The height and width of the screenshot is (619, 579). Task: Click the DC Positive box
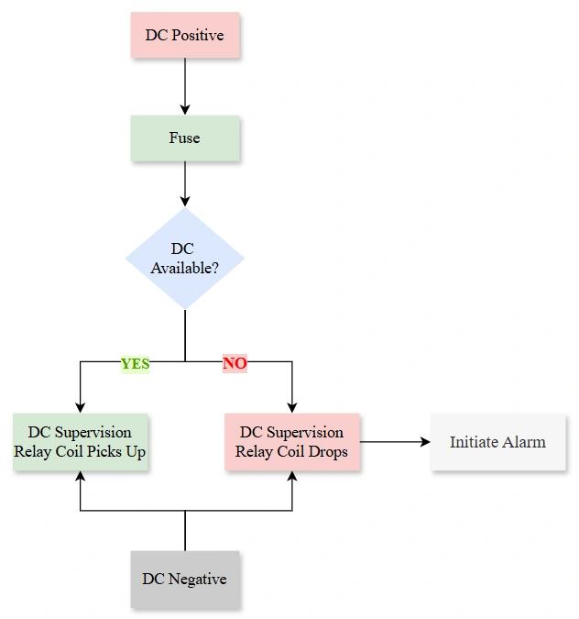pyautogui.click(x=184, y=35)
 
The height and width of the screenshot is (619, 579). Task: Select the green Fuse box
pyautogui.click(x=184, y=138)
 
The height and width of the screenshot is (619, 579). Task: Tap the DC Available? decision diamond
pyautogui.click(x=184, y=258)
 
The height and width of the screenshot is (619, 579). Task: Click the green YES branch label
pyautogui.click(x=135, y=363)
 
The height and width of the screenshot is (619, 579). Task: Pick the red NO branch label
pyautogui.click(x=235, y=363)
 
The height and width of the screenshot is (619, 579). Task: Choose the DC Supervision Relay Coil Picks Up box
pyautogui.click(x=80, y=442)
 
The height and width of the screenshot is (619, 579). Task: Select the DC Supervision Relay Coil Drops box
pyautogui.click(x=291, y=442)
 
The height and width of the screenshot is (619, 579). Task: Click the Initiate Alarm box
pyautogui.click(x=497, y=442)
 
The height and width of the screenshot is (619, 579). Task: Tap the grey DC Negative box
pyautogui.click(x=184, y=579)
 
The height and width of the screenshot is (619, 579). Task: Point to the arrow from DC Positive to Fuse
pyautogui.click(x=184, y=87)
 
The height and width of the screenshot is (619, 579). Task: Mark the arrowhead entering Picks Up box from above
pyautogui.click(x=80, y=407)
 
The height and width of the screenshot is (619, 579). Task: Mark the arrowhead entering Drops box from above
pyautogui.click(x=291, y=407)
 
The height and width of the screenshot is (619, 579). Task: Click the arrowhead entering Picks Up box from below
pyautogui.click(x=80, y=477)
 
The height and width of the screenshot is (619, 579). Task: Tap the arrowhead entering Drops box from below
pyautogui.click(x=291, y=477)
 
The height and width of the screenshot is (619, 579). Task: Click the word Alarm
pyautogui.click(x=522, y=442)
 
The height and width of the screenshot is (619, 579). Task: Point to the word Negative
pyautogui.click(x=197, y=579)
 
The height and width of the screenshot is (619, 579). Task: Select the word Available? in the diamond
pyautogui.click(x=184, y=268)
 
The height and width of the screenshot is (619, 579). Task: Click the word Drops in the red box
pyautogui.click(x=327, y=451)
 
